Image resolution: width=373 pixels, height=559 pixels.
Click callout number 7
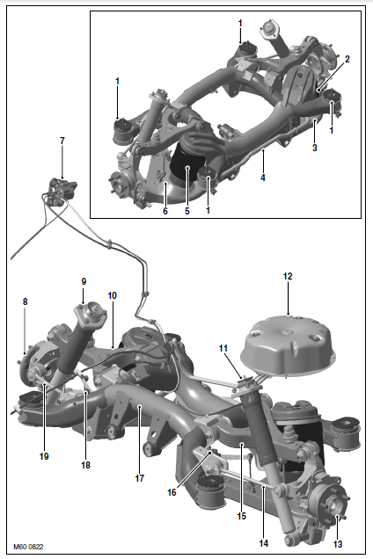point(62,141)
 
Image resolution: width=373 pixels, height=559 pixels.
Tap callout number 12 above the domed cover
point(288,276)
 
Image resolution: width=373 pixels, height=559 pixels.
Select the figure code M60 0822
point(28,547)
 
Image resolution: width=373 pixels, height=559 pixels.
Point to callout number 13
point(338,544)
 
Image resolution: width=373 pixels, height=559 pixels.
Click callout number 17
point(140,478)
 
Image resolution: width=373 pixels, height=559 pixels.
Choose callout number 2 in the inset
point(347,59)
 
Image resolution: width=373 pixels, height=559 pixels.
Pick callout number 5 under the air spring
point(187,211)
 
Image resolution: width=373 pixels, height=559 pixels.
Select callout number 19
point(44,456)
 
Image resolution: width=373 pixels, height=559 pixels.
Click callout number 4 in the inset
point(263,178)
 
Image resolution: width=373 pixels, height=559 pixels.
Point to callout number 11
point(223,348)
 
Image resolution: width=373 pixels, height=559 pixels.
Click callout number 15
point(242,516)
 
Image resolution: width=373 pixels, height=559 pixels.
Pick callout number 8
point(25,301)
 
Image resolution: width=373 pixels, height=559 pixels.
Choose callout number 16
point(172,492)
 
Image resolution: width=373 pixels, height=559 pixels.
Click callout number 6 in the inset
point(165,211)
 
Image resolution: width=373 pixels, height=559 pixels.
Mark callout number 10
point(112,295)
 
